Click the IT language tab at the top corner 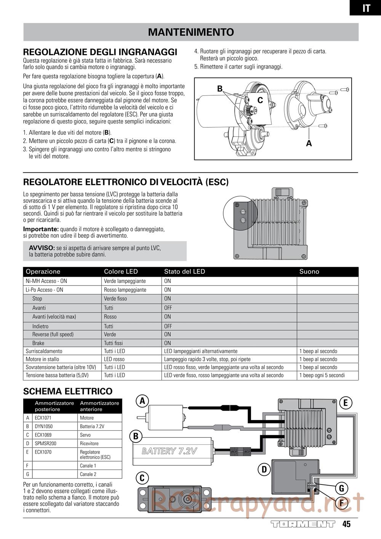tap(366, 8)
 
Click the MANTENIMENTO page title tap(191, 32)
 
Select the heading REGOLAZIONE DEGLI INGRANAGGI tap(100, 52)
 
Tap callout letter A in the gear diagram tap(309, 143)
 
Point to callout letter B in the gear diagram tap(220, 88)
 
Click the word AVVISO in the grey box tap(42, 248)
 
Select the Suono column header tap(309, 272)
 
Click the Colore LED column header tap(121, 272)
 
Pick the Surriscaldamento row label tap(44, 351)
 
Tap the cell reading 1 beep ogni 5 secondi tap(322, 375)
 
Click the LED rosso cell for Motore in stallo tap(114, 359)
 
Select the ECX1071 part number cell tap(43, 418)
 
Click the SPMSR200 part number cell tap(45, 443)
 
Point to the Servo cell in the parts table tap(85, 435)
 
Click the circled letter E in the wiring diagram tap(345, 403)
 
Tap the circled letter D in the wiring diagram tap(264, 469)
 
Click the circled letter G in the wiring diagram tap(341, 488)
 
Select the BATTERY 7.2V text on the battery tap(169, 451)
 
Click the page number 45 tap(346, 524)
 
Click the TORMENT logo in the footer tap(303, 524)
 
